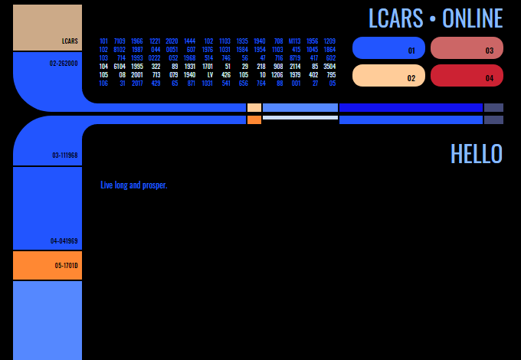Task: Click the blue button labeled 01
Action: [388, 48]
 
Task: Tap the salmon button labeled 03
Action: [467, 48]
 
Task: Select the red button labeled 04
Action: [467, 76]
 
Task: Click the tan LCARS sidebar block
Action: [48, 28]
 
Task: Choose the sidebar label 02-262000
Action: [64, 64]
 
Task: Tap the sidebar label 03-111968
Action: [64, 155]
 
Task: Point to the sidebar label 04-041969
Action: [64, 241]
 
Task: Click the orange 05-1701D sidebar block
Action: [48, 265]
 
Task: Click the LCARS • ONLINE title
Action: [435, 18]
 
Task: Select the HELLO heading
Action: [476, 154]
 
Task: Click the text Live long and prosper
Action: [133, 185]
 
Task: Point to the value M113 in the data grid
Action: [294, 41]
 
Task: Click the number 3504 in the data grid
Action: [329, 67]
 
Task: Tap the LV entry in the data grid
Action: [210, 75]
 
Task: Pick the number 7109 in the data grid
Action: [120, 41]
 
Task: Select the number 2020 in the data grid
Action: [172, 41]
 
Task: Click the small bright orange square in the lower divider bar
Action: [254, 120]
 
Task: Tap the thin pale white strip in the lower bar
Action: [300, 118]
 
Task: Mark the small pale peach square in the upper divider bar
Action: [254, 108]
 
